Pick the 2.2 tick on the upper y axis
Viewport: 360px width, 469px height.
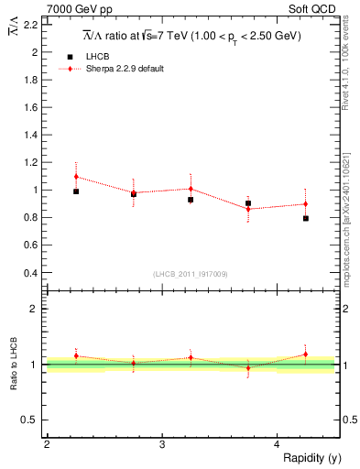point(32,25)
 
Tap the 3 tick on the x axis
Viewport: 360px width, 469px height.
point(161,444)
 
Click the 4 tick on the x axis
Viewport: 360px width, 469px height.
point(277,444)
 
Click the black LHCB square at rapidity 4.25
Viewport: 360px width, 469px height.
point(306,219)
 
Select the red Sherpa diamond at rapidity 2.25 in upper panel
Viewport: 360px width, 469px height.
point(76,176)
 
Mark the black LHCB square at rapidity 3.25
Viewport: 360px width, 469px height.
point(191,200)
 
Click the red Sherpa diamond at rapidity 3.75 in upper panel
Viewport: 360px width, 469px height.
point(248,209)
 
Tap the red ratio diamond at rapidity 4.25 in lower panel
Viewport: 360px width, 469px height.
point(306,354)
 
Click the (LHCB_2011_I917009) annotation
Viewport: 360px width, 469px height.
point(190,273)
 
